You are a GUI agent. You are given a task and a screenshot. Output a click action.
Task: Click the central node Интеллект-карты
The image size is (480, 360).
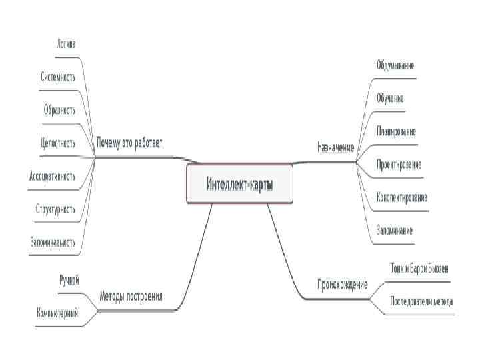click(239, 184)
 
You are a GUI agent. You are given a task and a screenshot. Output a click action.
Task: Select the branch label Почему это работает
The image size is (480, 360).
click(129, 143)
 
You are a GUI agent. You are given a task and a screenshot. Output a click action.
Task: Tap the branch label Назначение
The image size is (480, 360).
click(335, 146)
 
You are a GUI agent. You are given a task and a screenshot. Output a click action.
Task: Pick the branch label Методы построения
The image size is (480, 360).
click(131, 296)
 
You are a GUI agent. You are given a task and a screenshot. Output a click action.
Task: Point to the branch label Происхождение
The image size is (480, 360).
click(343, 285)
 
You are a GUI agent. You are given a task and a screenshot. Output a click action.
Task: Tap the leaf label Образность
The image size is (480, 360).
click(60, 109)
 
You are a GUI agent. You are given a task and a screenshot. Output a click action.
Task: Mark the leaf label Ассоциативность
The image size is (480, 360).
click(53, 176)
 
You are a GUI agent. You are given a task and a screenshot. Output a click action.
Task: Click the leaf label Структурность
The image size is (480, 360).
click(55, 209)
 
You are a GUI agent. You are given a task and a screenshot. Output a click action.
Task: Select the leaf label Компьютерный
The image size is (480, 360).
click(57, 312)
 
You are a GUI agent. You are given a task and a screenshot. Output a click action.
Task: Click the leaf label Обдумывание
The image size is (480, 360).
click(395, 65)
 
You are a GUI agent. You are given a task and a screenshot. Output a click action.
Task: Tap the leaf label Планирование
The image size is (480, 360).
click(396, 131)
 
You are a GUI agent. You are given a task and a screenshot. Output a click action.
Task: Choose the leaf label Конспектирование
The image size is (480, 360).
click(401, 197)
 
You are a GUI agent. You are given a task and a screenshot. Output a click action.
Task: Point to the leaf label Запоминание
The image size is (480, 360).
click(395, 231)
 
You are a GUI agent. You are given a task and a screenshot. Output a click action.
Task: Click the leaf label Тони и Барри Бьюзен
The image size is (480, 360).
click(419, 268)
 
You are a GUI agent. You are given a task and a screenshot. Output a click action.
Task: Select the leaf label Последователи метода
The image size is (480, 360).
click(421, 301)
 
